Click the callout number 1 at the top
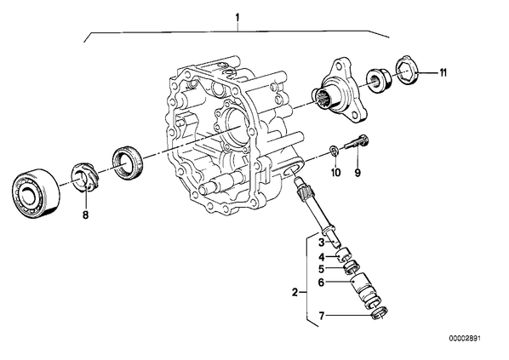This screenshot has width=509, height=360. coord(237,17)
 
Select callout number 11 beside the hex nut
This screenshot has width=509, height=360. coord(443,72)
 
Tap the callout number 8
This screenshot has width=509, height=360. coord(85,214)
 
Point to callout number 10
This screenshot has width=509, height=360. coord(335,173)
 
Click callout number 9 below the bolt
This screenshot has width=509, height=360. coord(357,173)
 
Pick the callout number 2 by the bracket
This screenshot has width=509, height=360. coord(295,292)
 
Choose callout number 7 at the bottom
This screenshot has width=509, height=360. coord(322,316)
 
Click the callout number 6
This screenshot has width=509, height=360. coord(321,283)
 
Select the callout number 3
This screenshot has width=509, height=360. coord(322,243)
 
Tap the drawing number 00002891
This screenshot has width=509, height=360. coord(465,339)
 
